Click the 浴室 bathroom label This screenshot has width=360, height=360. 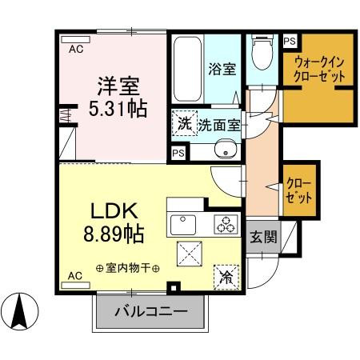[x=223, y=69]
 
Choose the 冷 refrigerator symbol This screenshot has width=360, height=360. [x=226, y=278]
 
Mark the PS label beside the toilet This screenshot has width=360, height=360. [x=288, y=41]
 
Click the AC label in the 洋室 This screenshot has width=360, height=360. [x=75, y=49]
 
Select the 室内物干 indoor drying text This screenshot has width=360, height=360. [x=127, y=268]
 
